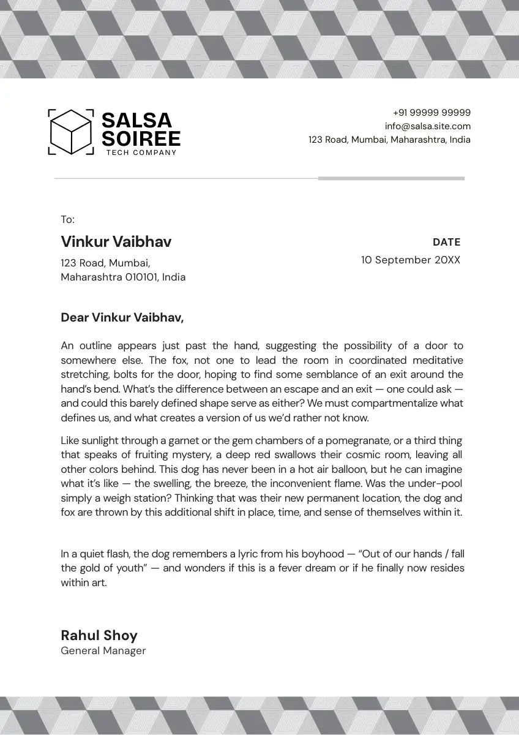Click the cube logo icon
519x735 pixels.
pyautogui.click(x=71, y=132)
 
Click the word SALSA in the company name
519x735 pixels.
pyautogui.click(x=136, y=120)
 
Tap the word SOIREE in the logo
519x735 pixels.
pyautogui.click(x=141, y=138)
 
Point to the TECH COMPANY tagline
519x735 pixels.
pyautogui.click(x=141, y=153)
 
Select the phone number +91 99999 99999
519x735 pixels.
pyautogui.click(x=431, y=113)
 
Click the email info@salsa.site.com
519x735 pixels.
pyautogui.click(x=428, y=126)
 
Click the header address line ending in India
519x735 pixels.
pyautogui.click(x=389, y=140)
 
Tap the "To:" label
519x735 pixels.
pyautogui.click(x=67, y=219)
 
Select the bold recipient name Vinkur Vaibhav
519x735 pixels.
pyautogui.click(x=116, y=241)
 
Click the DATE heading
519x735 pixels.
pyautogui.click(x=446, y=242)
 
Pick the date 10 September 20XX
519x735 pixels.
pyautogui.click(x=410, y=260)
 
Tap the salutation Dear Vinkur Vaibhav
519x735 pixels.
pyautogui.click(x=122, y=317)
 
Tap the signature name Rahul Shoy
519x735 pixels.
pyautogui.click(x=99, y=635)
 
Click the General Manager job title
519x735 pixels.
pyautogui.click(x=103, y=650)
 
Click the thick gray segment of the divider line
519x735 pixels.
pyautogui.click(x=391, y=178)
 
